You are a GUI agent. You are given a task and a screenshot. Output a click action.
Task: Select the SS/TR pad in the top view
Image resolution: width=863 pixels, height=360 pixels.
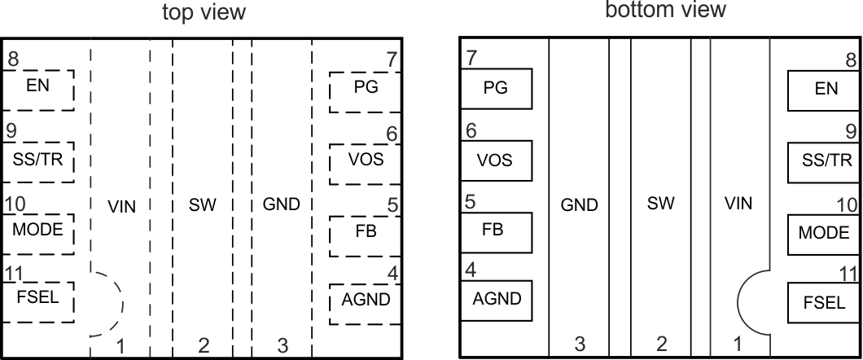(37, 160)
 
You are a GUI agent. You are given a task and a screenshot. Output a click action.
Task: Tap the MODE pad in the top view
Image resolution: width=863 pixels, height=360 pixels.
(37, 231)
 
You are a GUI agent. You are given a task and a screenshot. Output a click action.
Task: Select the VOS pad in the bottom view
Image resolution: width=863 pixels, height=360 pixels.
(496, 161)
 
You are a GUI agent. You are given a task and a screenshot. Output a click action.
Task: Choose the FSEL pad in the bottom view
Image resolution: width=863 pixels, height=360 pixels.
(824, 304)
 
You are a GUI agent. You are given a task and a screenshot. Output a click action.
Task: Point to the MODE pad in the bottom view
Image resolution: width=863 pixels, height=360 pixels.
(824, 234)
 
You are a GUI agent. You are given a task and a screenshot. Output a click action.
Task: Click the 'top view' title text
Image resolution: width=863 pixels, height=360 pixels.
(203, 13)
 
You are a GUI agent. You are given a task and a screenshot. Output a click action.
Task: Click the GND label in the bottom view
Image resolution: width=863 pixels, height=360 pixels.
(580, 204)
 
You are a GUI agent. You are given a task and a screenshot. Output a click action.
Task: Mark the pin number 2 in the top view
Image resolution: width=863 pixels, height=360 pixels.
(203, 346)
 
